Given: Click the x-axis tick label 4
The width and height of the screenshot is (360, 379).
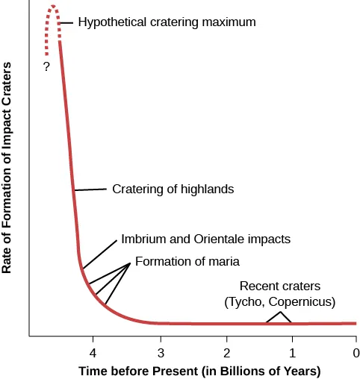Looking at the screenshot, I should point(93,352).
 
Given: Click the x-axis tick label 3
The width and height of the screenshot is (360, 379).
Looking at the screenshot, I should point(160,352).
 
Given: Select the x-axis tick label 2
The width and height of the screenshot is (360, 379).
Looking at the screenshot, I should point(226,352).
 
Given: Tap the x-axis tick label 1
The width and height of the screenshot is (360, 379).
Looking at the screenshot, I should point(291,352).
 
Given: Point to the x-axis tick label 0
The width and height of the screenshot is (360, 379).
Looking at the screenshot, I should point(356,352).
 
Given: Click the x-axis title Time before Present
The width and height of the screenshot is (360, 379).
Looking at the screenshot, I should point(199,371).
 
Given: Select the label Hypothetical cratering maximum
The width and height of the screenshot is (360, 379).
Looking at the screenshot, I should point(167,22).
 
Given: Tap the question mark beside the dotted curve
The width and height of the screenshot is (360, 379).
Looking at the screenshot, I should point(46,67).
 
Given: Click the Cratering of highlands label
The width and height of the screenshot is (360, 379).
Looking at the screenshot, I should point(173,189).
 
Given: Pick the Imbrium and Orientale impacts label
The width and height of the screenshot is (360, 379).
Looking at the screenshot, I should point(205,239).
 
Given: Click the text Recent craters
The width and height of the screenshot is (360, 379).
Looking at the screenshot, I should point(279,286).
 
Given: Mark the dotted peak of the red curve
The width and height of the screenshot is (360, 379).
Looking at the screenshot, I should point(52,7).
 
